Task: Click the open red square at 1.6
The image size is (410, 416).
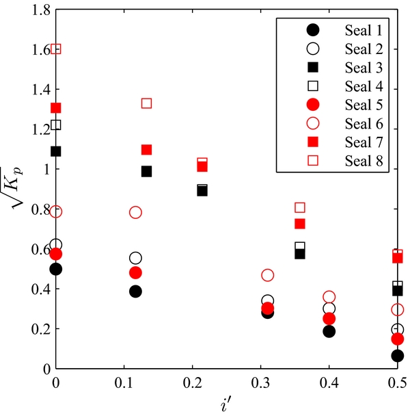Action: click(56, 49)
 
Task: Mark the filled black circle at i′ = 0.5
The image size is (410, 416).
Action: click(398, 356)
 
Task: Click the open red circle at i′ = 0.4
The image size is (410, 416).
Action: click(329, 297)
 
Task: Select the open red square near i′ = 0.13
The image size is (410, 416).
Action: click(146, 103)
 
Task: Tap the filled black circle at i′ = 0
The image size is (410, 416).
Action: click(56, 269)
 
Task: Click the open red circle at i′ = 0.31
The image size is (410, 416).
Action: click(267, 275)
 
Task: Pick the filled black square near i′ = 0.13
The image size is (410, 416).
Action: click(146, 171)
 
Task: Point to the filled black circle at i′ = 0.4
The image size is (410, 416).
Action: click(329, 331)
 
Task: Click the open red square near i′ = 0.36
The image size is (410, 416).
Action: click(299, 207)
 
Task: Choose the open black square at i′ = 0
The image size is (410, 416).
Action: click(56, 125)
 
